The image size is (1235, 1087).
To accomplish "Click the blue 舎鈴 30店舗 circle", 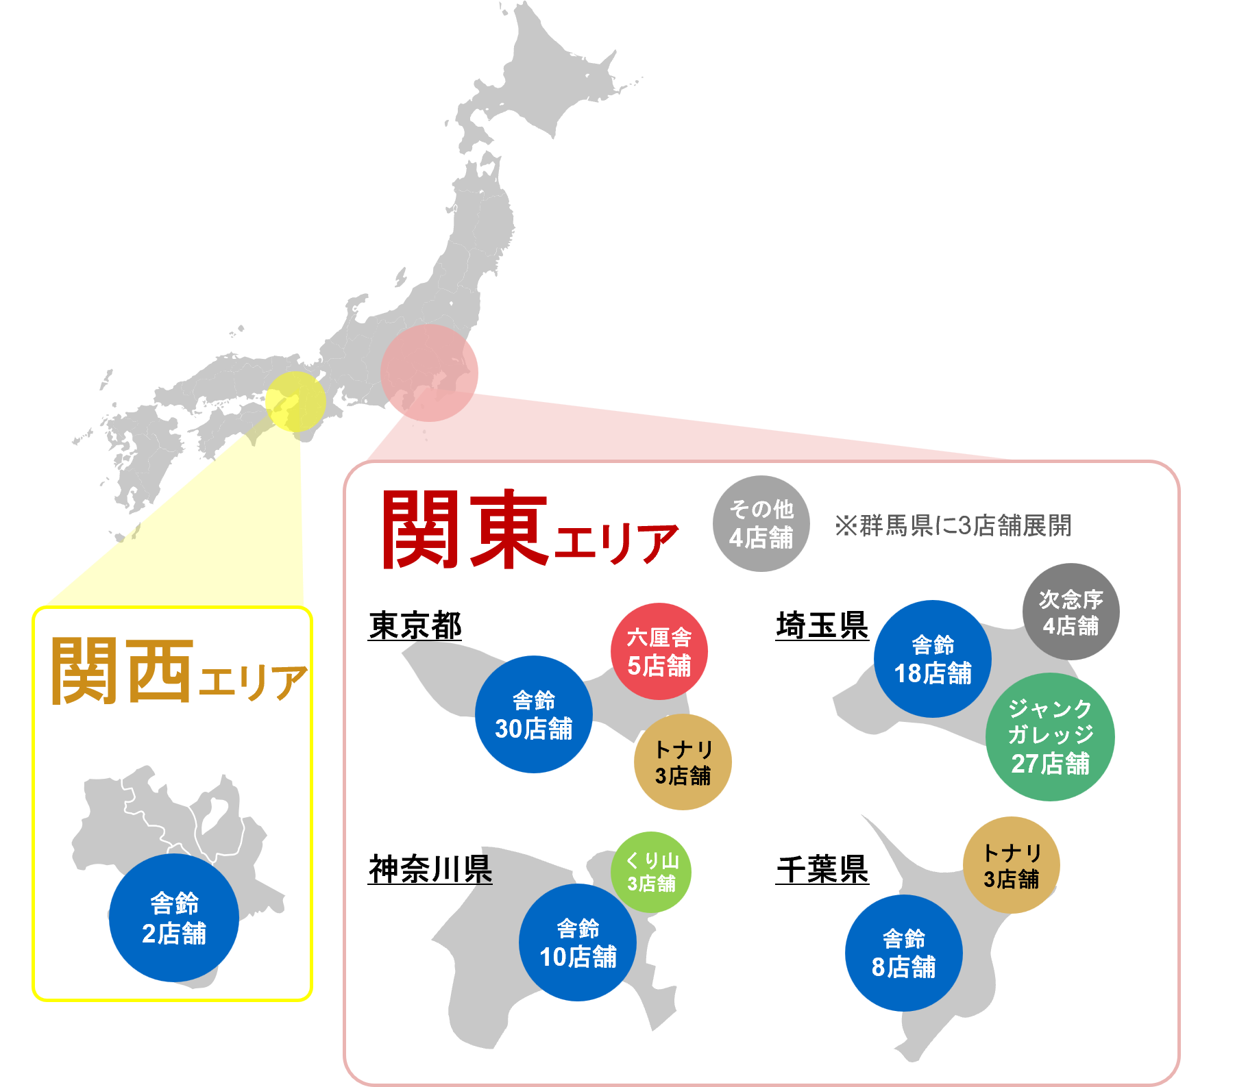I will coord(533,714).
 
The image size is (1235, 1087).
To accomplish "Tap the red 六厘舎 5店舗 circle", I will coord(659,651).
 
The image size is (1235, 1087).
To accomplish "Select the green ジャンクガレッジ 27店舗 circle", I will coord(1050,736).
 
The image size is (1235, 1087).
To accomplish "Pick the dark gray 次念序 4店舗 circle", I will coord(1071,612).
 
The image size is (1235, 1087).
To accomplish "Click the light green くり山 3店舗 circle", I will coord(651,872).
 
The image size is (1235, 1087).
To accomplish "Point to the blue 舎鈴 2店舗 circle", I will coord(174,918).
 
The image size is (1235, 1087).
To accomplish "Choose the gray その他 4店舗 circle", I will coord(761,523).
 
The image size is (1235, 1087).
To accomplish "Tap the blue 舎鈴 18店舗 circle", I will coord(933,659).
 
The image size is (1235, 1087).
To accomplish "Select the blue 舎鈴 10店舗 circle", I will coord(578,942).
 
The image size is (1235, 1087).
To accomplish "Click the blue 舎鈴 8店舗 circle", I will coord(903,953).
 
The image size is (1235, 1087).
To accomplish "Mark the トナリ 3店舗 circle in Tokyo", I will coord(683,762).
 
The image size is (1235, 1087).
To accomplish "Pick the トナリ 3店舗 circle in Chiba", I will coord(1011,865).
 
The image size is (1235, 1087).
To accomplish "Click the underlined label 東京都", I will coord(415,626).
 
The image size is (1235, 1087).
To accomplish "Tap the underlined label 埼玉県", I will coord(822,626).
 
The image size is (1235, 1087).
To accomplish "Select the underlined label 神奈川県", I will coord(430,870).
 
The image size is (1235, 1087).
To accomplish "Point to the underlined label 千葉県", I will coord(822,870).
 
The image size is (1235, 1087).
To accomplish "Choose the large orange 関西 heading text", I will coord(122,671).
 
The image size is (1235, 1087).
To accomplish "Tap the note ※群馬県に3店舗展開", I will coord(953,526).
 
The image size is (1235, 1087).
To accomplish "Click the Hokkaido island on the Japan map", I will coord(541,82).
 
